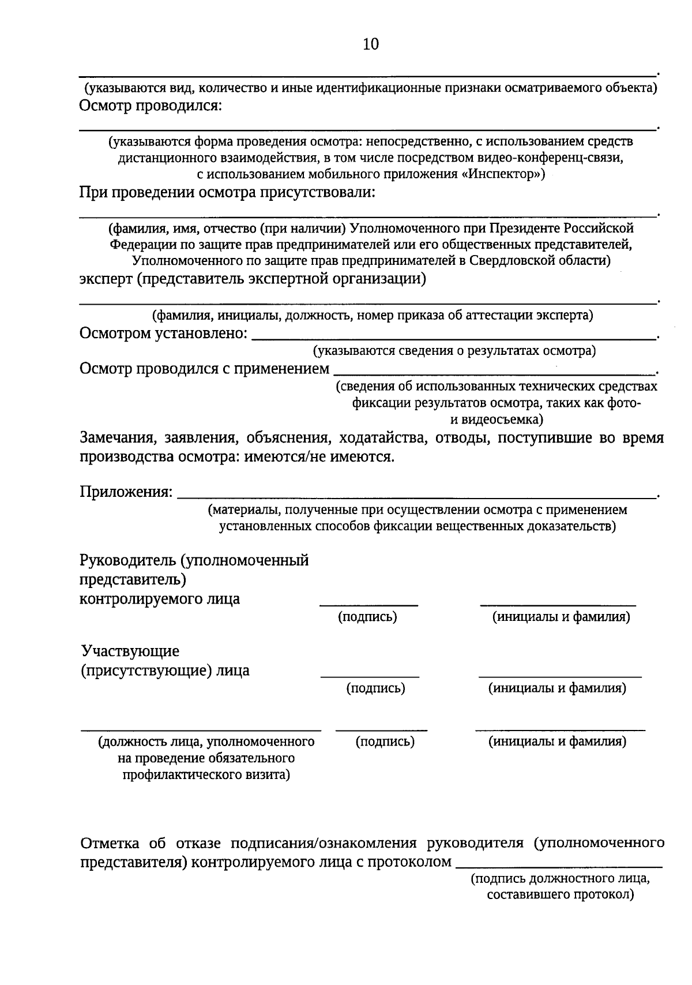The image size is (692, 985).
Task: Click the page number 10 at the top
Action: (x=370, y=44)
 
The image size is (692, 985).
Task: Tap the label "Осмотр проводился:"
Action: (x=151, y=106)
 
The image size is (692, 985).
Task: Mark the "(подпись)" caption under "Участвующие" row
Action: (x=375, y=688)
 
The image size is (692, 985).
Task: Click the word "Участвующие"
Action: (x=130, y=651)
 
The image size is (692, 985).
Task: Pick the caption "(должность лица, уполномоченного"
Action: (x=206, y=741)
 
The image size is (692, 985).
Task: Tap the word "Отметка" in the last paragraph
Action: (x=110, y=843)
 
